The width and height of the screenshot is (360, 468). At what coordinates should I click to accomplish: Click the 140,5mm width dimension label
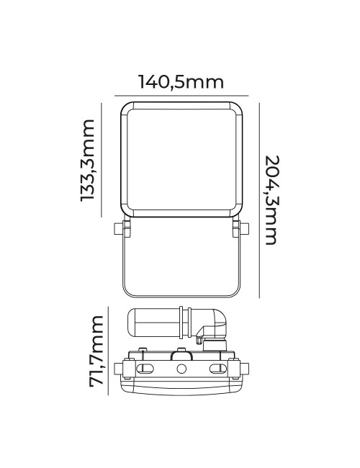point(181,82)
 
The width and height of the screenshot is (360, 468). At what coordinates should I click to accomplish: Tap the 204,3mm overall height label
point(270,199)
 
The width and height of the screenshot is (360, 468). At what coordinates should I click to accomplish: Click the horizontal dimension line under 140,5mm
point(181,94)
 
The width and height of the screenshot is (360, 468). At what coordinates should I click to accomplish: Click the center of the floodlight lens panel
point(181,159)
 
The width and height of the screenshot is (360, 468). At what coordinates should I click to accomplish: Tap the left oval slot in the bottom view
point(145,369)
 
